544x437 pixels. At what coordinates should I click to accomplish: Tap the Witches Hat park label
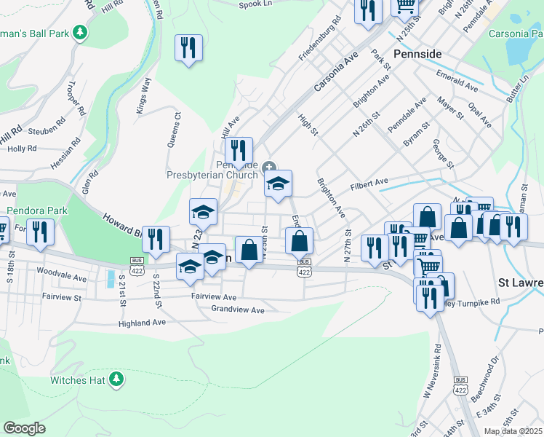pos(78,379)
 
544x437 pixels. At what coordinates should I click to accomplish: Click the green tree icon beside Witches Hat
pos(116,379)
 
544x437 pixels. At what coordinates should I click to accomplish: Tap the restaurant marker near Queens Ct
pos(188,48)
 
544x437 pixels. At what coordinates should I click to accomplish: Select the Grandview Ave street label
pos(237,310)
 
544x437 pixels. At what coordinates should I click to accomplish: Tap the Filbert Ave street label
pos(369,182)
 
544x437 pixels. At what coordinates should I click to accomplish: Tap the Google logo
pos(24,428)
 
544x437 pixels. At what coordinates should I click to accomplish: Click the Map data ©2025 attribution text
pos(513,431)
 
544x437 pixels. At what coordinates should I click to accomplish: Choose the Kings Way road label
pos(143,95)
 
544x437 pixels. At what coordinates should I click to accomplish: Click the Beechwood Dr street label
pos(486,371)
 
